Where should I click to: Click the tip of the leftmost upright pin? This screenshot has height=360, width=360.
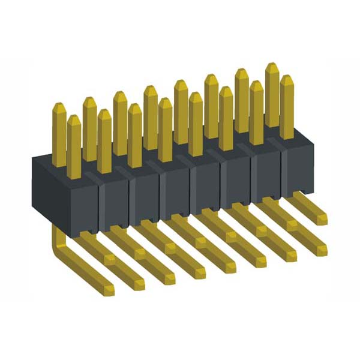[59, 106]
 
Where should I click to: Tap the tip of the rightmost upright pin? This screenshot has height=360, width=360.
[287, 78]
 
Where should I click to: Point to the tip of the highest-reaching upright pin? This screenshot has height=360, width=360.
[271, 65]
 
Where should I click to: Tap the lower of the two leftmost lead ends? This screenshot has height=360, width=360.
[108, 290]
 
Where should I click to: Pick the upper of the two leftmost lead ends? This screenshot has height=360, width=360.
[109, 259]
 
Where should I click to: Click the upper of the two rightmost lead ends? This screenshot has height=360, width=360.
[322, 218]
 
